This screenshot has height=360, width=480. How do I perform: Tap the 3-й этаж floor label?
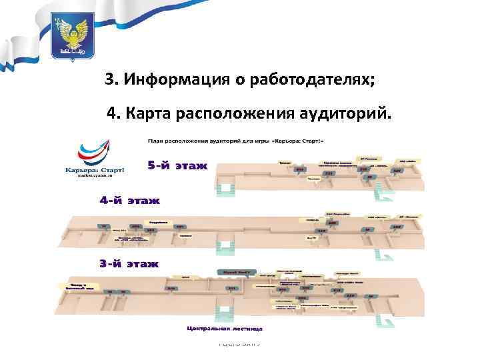(x=129, y=264)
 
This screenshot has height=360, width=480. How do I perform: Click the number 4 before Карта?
(x=111, y=114)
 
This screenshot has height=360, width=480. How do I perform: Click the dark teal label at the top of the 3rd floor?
(x=235, y=272)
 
